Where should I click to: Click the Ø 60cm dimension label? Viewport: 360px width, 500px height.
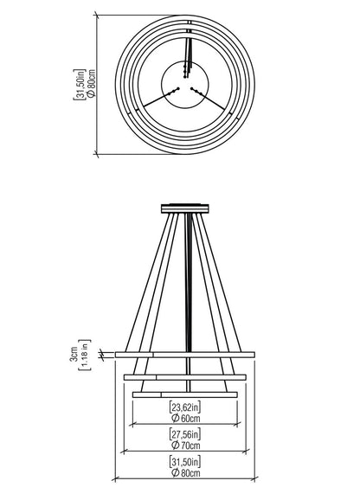[185, 418]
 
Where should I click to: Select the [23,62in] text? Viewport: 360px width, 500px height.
[185, 407]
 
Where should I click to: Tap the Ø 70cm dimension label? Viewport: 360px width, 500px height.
[185, 445]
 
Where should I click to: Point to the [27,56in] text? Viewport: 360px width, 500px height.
[185, 434]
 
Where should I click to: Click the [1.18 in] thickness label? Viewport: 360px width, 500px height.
[85, 355]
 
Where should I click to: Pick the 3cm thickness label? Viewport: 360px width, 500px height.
[74, 355]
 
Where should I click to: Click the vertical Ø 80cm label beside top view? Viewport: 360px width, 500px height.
[91, 83]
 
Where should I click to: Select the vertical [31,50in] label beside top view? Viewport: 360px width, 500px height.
[80, 85]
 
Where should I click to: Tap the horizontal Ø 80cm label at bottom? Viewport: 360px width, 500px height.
[185, 472]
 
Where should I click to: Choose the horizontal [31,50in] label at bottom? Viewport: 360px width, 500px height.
[185, 461]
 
